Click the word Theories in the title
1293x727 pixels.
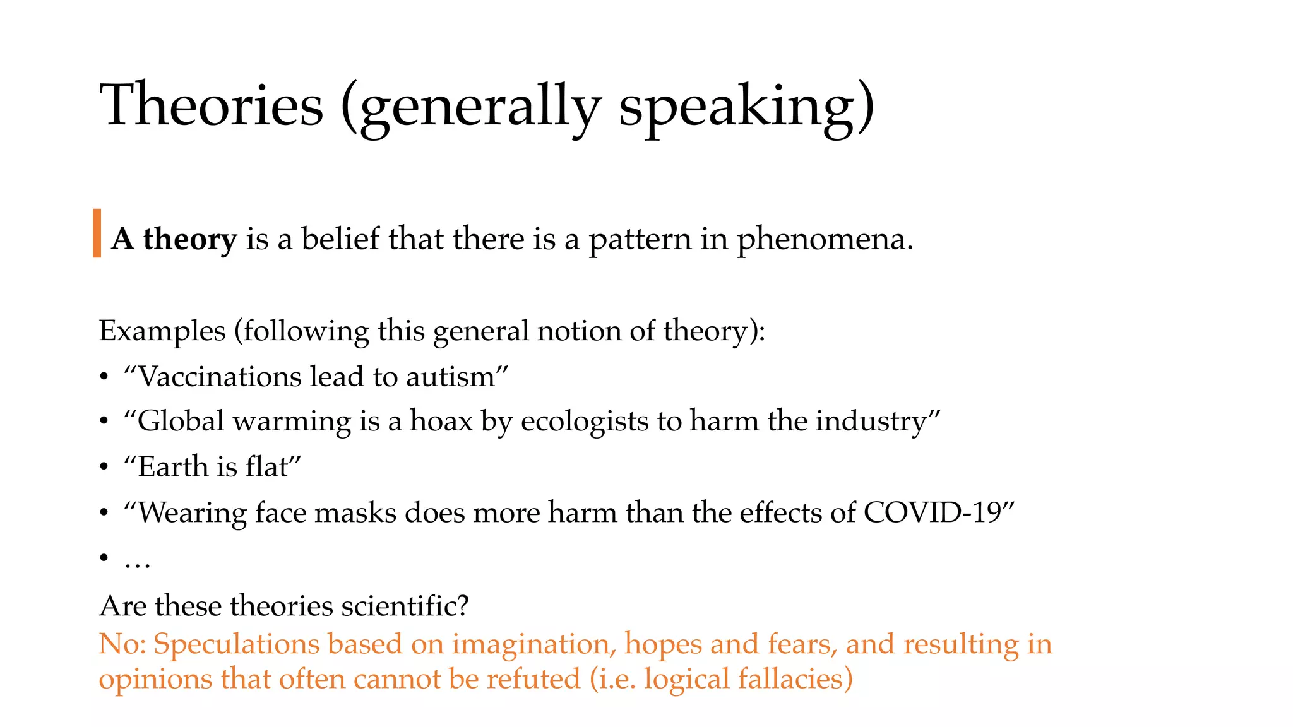(x=212, y=105)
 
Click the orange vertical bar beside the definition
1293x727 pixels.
(x=97, y=233)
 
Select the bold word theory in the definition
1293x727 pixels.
(x=190, y=240)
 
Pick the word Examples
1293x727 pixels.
(x=162, y=331)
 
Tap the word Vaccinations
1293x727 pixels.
(x=220, y=377)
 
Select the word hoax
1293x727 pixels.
(x=441, y=421)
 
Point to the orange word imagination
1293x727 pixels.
(x=533, y=644)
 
